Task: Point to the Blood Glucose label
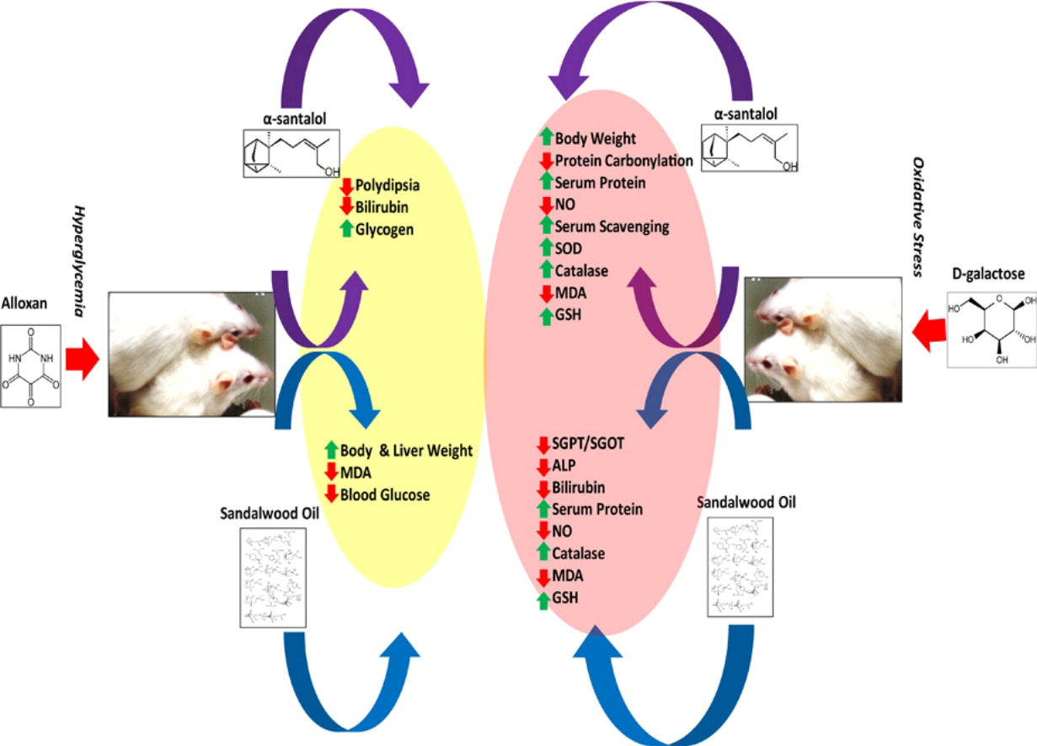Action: pos(385,495)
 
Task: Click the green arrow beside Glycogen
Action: pos(346,227)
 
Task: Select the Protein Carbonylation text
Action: pos(623,160)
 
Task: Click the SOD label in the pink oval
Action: pos(569,248)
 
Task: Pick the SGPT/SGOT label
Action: pos(589,444)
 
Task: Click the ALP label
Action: pos(567,466)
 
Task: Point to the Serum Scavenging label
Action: pos(612,226)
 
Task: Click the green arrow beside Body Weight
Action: pos(546,138)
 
